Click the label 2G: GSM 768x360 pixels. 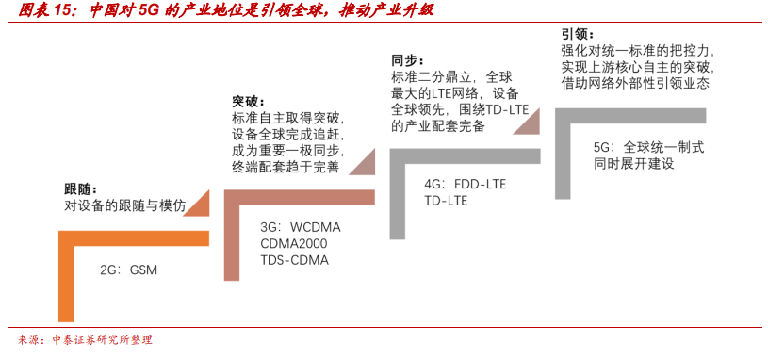coord(128,270)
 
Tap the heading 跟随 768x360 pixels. coord(80,189)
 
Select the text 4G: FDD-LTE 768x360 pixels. coord(465,184)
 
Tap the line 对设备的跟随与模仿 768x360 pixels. coord(125,205)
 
